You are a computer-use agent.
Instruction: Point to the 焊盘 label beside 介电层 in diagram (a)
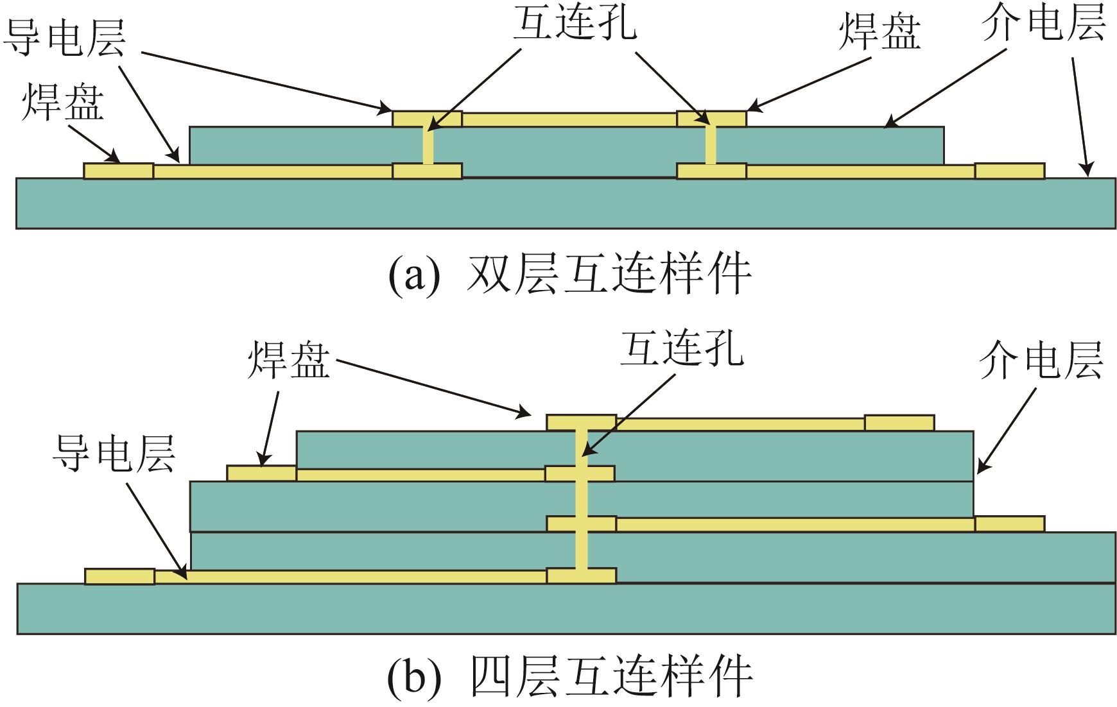click(879, 32)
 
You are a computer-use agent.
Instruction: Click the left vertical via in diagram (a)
click(428, 146)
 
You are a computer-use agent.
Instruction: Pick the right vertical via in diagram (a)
click(711, 146)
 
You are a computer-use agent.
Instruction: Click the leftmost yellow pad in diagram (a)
click(119, 171)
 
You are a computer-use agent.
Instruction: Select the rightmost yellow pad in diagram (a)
click(1009, 171)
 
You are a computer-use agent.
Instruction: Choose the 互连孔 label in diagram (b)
click(682, 350)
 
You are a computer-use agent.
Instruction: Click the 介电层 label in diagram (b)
click(1041, 361)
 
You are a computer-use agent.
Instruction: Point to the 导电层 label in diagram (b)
click(114, 454)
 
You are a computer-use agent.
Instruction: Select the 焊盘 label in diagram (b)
click(289, 361)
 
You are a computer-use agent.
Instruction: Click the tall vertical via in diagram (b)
click(581, 500)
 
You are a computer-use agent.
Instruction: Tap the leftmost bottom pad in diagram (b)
click(119, 576)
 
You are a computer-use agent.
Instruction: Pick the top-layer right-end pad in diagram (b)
click(899, 423)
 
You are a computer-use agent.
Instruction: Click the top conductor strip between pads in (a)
click(569, 119)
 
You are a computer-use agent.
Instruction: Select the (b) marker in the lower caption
click(415, 677)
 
